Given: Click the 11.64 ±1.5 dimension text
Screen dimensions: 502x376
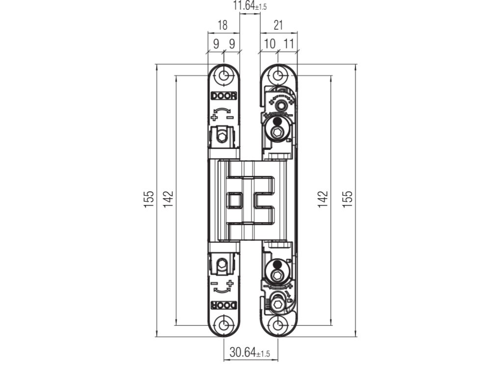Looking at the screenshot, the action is [250, 6].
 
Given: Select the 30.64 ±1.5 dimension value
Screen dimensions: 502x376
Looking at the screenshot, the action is [250, 352].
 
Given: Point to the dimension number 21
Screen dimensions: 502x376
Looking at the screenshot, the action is [278, 25].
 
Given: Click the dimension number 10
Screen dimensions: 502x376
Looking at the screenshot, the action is [270, 44].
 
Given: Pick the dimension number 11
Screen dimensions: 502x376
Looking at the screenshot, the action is [289, 44].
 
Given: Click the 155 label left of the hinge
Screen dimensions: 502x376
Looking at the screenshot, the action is [149, 199].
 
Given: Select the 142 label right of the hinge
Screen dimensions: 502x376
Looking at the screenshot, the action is [323, 199].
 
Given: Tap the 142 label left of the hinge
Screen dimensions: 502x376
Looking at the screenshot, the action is [168, 199].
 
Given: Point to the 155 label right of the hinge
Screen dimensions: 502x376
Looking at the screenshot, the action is [347, 199].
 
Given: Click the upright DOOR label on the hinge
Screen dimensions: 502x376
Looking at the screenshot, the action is [224, 96].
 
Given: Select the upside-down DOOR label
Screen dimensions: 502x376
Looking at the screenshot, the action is [224, 305].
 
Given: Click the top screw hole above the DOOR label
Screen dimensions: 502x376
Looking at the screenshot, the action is [225, 76].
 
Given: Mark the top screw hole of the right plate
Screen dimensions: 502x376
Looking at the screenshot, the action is [278, 76].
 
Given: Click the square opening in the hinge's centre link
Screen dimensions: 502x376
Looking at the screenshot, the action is [234, 200].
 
